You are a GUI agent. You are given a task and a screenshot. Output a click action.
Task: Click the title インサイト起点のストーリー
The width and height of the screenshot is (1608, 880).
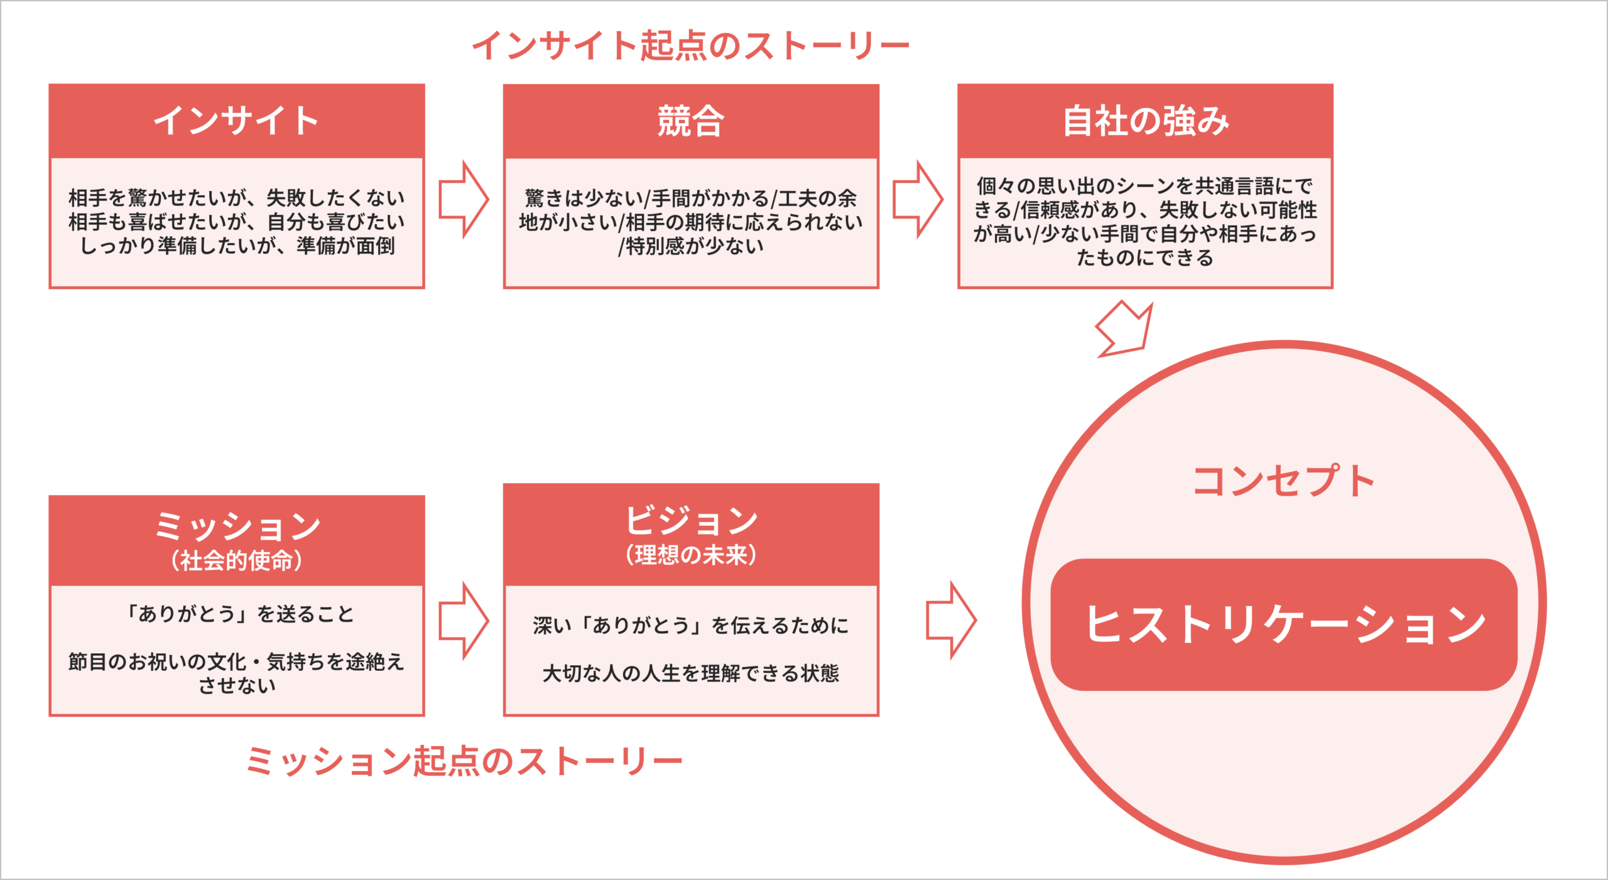(x=690, y=46)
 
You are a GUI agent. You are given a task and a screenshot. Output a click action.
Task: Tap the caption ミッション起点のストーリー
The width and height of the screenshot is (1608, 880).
(x=464, y=761)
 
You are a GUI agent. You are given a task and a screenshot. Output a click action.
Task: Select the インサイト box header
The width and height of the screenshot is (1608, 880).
(x=237, y=121)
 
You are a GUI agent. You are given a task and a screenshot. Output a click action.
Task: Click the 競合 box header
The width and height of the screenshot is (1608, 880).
(x=691, y=121)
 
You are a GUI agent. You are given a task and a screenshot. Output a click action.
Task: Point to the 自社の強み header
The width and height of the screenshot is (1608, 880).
(x=1145, y=121)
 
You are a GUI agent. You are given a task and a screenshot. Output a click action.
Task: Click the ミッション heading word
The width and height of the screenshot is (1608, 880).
(x=237, y=526)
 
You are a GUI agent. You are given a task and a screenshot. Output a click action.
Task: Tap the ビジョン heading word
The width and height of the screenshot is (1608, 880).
(x=691, y=520)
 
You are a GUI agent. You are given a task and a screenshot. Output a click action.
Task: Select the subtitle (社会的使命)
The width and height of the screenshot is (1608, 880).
(x=237, y=560)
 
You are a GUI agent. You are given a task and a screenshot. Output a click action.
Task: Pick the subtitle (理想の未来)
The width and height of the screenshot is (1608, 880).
(x=691, y=555)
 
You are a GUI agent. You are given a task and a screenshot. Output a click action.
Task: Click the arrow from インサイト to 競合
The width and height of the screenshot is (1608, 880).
(x=464, y=199)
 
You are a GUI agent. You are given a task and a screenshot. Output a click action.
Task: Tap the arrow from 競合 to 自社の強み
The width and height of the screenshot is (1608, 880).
(x=918, y=199)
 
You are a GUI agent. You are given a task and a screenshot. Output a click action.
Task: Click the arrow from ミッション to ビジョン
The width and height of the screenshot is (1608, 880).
(x=464, y=620)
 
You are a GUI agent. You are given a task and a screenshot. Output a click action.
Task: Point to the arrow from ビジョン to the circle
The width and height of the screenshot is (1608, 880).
(x=951, y=620)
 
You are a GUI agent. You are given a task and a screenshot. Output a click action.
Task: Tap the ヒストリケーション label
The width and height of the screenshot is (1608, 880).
(x=1285, y=624)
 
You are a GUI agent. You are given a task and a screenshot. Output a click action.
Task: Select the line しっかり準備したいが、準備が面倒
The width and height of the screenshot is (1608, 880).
(x=237, y=246)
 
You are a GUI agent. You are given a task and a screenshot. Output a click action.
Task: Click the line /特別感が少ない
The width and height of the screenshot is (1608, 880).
(x=691, y=246)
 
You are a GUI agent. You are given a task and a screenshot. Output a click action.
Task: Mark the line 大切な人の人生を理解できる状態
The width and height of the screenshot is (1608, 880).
(x=691, y=673)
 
